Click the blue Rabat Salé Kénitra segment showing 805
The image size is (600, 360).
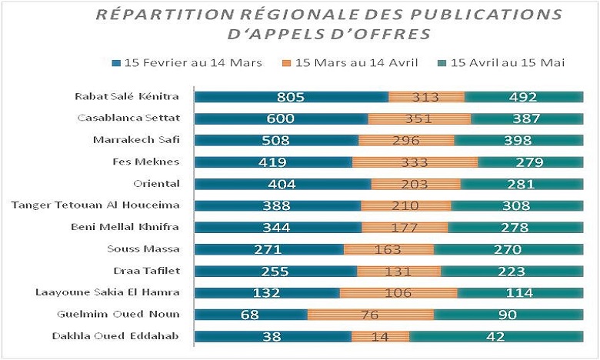click(292, 97)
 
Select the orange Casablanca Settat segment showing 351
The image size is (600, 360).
click(419, 118)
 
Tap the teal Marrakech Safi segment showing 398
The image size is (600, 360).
click(518, 141)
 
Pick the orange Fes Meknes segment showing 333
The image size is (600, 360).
click(415, 162)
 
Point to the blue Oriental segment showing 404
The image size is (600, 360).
click(282, 184)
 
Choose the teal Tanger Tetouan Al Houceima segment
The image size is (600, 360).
click(518, 206)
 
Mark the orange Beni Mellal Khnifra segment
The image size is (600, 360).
click(405, 228)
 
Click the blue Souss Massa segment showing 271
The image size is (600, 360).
click(268, 249)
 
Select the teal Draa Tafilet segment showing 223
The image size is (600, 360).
click(512, 272)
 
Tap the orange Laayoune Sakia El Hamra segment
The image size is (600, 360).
click(398, 293)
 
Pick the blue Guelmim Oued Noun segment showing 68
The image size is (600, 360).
click(251, 315)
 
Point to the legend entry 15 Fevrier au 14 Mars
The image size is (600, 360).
click(182, 62)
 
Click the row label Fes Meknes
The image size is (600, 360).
click(146, 162)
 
